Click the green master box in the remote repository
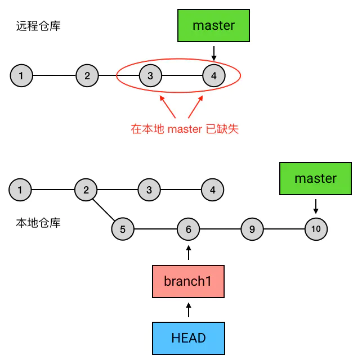[213, 25]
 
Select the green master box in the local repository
[315, 178]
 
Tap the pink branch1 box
[188, 281]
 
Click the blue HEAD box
[188, 338]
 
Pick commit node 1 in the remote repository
[21, 75]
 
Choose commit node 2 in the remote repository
[87, 75]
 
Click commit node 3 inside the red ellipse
[150, 75]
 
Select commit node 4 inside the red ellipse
[213, 75]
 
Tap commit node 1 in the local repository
[20, 190]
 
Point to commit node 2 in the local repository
[86, 190]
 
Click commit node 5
[123, 229]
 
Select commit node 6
[189, 229]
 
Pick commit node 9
[252, 229]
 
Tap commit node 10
[316, 229]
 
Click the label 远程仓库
[38, 26]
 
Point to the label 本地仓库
[38, 223]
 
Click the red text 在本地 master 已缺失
[185, 129]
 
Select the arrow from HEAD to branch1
[189, 310]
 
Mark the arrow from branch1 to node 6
[189, 253]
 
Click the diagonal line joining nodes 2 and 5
[104, 209]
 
